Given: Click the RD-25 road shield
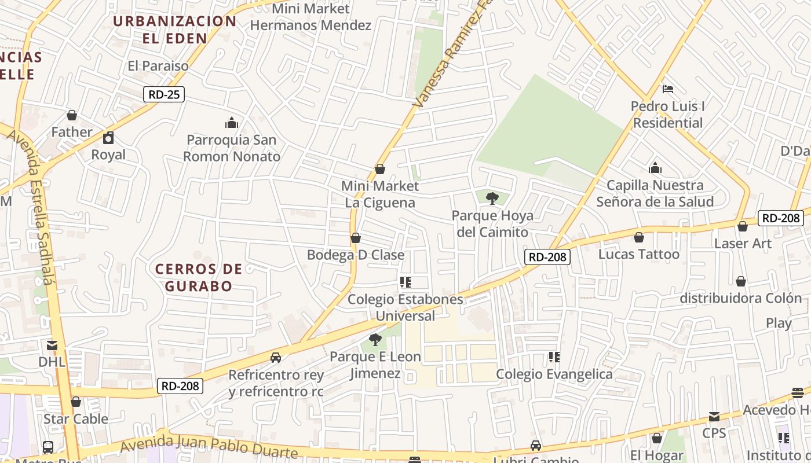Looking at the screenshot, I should pyautogui.click(x=164, y=94).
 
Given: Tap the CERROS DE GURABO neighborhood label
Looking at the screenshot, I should pyautogui.click(x=199, y=277).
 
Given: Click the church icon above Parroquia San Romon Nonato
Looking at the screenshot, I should pyautogui.click(x=232, y=123).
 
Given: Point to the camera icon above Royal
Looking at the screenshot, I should pyautogui.click(x=108, y=138).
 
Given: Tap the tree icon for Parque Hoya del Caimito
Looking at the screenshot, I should pyautogui.click(x=492, y=199).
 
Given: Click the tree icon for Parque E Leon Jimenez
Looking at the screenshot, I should pyautogui.click(x=375, y=340).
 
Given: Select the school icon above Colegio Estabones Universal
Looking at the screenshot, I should pyautogui.click(x=405, y=282).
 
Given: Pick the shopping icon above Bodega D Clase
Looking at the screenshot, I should pyautogui.click(x=356, y=238).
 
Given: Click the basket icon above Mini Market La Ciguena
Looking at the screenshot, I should pyautogui.click(x=380, y=169).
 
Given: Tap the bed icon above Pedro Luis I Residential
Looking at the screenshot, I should pyautogui.click(x=667, y=89).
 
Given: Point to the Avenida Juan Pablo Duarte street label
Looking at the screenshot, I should pyautogui.click(x=209, y=447).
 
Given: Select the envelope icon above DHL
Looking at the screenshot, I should pyautogui.click(x=52, y=346).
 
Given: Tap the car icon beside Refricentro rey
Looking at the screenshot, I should pyautogui.click(x=276, y=358).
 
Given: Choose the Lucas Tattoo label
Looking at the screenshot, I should pyautogui.click(x=638, y=254).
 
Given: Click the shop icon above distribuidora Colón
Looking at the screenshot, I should pyautogui.click(x=741, y=281).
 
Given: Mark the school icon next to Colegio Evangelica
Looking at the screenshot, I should pyautogui.click(x=554, y=357).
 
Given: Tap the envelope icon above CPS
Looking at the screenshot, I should pyautogui.click(x=714, y=417).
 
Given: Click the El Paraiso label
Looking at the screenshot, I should pyautogui.click(x=158, y=66).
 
